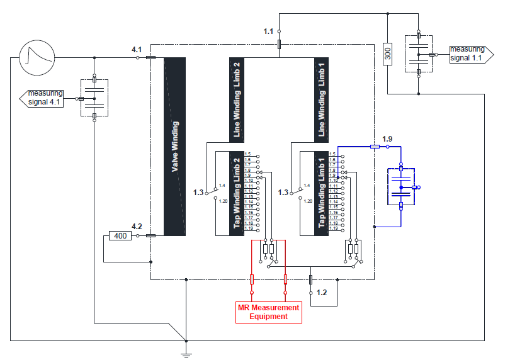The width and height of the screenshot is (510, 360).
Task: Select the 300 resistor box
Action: coord(388,55)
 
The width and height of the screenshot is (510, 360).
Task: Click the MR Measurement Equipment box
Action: coord(268,312)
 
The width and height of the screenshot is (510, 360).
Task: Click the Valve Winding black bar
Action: coord(174,147)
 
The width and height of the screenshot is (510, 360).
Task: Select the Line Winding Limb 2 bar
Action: coord(237,99)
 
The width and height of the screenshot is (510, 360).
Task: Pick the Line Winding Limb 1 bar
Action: coord(322,99)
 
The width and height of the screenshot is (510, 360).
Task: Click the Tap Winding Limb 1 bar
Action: coord(322,194)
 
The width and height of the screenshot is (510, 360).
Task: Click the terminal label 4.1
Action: coord(137,49)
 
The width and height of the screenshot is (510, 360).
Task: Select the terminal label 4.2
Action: coord(137,227)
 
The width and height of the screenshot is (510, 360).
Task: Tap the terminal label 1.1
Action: coord(269,31)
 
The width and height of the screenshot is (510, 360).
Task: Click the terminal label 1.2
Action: coord(322,293)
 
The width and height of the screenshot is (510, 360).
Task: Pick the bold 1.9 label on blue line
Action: coord(387,138)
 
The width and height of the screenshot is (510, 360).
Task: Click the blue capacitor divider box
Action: coord(400,187)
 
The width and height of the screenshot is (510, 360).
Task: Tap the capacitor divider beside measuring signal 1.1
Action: coord(419,55)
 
